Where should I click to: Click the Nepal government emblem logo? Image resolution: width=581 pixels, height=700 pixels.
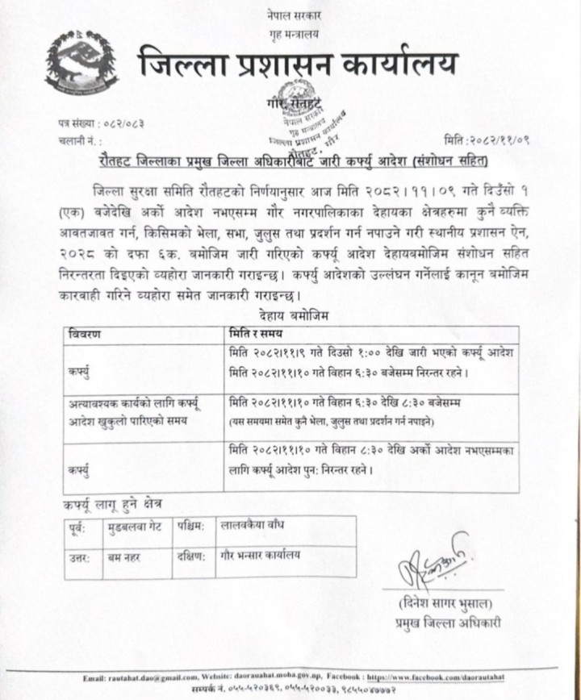[x=81, y=61]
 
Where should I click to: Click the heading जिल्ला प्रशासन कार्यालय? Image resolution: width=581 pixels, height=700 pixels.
[x=297, y=62]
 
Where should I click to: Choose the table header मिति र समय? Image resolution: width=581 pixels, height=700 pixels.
[x=258, y=333]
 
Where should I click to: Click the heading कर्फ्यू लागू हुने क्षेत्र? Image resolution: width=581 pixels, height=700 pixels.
[x=113, y=503]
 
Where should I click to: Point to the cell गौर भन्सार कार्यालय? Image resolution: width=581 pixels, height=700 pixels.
[x=259, y=555]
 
